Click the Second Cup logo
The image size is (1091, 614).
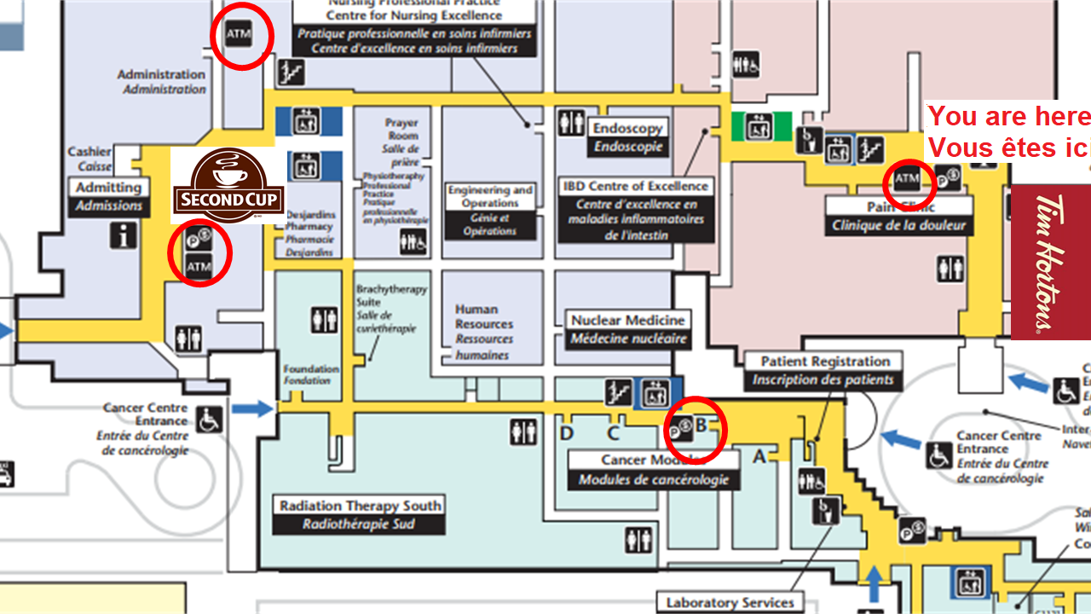coord(229,185)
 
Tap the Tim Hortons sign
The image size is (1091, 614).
coord(1050,263)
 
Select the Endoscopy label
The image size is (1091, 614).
coord(627,128)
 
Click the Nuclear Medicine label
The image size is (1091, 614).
coord(628,321)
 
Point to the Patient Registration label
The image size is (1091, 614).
coord(824,362)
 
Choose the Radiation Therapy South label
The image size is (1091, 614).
coord(360,506)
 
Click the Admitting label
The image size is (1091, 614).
coord(108,188)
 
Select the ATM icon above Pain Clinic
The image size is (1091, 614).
coord(906,178)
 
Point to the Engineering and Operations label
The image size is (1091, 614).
coord(491,197)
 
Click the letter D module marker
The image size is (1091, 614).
coord(567,433)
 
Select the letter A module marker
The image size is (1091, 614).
coord(759,456)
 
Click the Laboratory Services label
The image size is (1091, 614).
coord(730,602)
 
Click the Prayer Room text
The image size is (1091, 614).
coord(401,129)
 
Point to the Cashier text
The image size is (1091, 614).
coord(89,153)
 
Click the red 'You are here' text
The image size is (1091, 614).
coord(1008,117)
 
